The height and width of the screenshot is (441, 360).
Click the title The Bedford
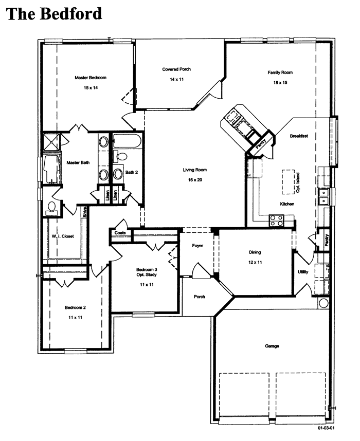point(54,13)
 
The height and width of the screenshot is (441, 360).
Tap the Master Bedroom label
point(91,78)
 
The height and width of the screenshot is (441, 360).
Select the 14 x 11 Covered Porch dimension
point(176,79)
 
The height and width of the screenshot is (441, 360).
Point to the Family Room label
point(280,72)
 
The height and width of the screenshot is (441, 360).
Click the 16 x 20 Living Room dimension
point(195,180)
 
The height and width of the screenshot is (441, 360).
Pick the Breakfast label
point(299,136)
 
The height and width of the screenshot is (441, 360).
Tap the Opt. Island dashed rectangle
point(289,181)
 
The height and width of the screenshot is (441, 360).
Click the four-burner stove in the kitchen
point(276,220)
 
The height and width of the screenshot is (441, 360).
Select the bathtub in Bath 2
point(127,141)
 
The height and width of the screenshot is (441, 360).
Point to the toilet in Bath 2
point(120,157)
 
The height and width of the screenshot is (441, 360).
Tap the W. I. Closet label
point(63,236)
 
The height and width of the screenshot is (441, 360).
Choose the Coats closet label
point(120,233)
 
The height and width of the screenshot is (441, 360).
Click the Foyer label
point(197,246)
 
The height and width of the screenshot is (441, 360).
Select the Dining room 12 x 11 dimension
point(255,262)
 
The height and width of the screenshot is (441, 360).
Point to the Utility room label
point(303,272)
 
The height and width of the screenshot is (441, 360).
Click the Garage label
point(272,346)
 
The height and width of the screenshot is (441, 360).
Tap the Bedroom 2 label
point(75,307)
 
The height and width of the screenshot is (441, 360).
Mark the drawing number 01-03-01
point(326,428)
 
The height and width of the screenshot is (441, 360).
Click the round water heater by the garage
point(323,303)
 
